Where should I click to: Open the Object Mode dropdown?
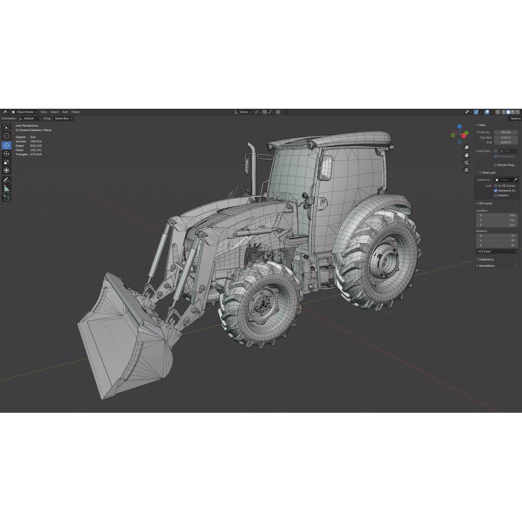point(25,112)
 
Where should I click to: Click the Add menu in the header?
point(65,112)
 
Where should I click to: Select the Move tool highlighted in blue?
point(7,145)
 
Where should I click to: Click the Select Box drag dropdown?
point(63,118)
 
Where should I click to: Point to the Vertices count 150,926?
point(36,141)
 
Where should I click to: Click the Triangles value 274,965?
point(36,154)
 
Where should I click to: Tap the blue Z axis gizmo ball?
point(459,127)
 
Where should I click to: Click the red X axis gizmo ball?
point(464,136)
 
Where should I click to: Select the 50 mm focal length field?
point(506,132)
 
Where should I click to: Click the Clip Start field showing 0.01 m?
point(506,137)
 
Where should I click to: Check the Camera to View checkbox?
point(496,190)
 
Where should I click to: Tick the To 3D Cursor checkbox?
point(496,186)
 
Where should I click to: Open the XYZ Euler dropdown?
point(497,252)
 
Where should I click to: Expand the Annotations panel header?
point(486,266)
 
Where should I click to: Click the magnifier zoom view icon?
point(466,147)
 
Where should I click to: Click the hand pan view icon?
point(466,155)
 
